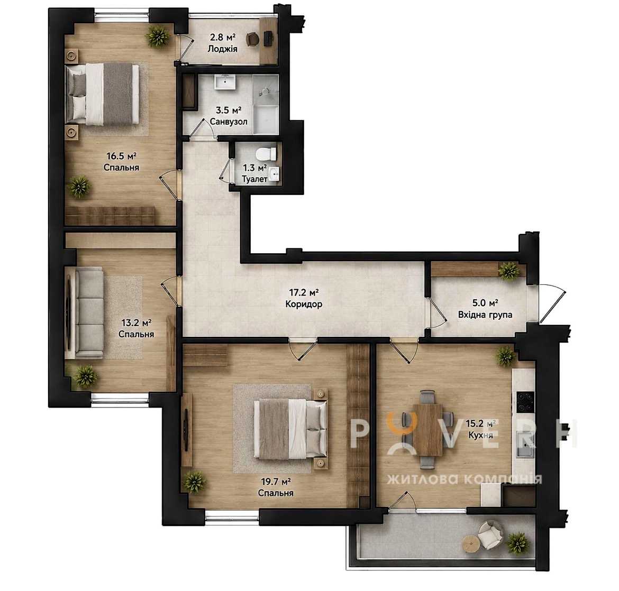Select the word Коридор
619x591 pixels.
tap(304, 304)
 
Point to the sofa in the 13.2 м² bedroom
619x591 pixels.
tap(89, 313)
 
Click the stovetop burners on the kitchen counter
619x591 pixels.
tap(525, 401)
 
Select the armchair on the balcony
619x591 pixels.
tap(490, 535)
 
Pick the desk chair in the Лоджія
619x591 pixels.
tap(252, 39)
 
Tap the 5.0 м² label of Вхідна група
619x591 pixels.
tap(485, 303)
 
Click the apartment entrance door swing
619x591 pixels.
tap(553, 302)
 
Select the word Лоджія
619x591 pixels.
tap(223, 49)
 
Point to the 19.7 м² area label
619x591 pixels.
tap(276, 482)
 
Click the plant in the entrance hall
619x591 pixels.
tap(509, 271)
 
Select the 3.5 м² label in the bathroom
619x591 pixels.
tap(226, 110)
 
